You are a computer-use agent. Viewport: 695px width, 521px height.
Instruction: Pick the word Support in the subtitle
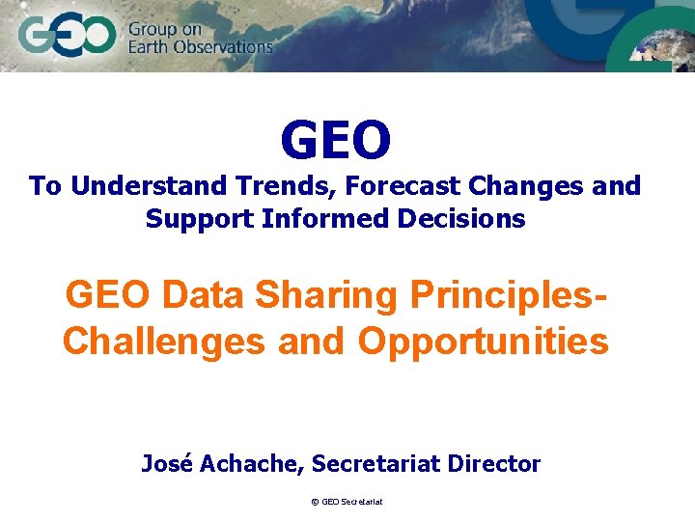pos(198,218)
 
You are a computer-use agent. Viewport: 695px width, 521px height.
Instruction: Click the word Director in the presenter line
pos(494,463)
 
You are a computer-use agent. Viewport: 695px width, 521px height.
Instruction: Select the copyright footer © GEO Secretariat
pos(347,502)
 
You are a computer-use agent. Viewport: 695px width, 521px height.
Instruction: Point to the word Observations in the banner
pos(229,46)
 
